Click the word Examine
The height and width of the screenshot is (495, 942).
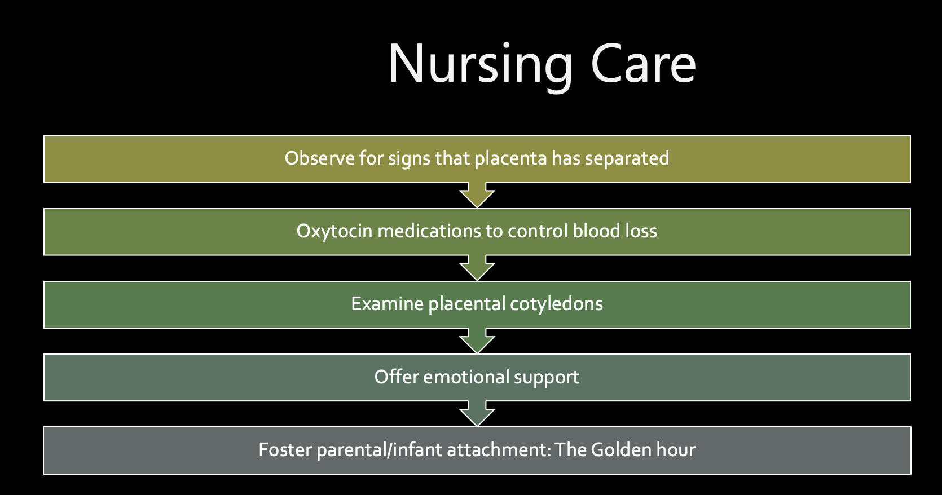coord(387,304)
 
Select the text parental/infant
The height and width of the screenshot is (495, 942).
coord(379,450)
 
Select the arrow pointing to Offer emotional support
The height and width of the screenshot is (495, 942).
coord(477,341)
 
